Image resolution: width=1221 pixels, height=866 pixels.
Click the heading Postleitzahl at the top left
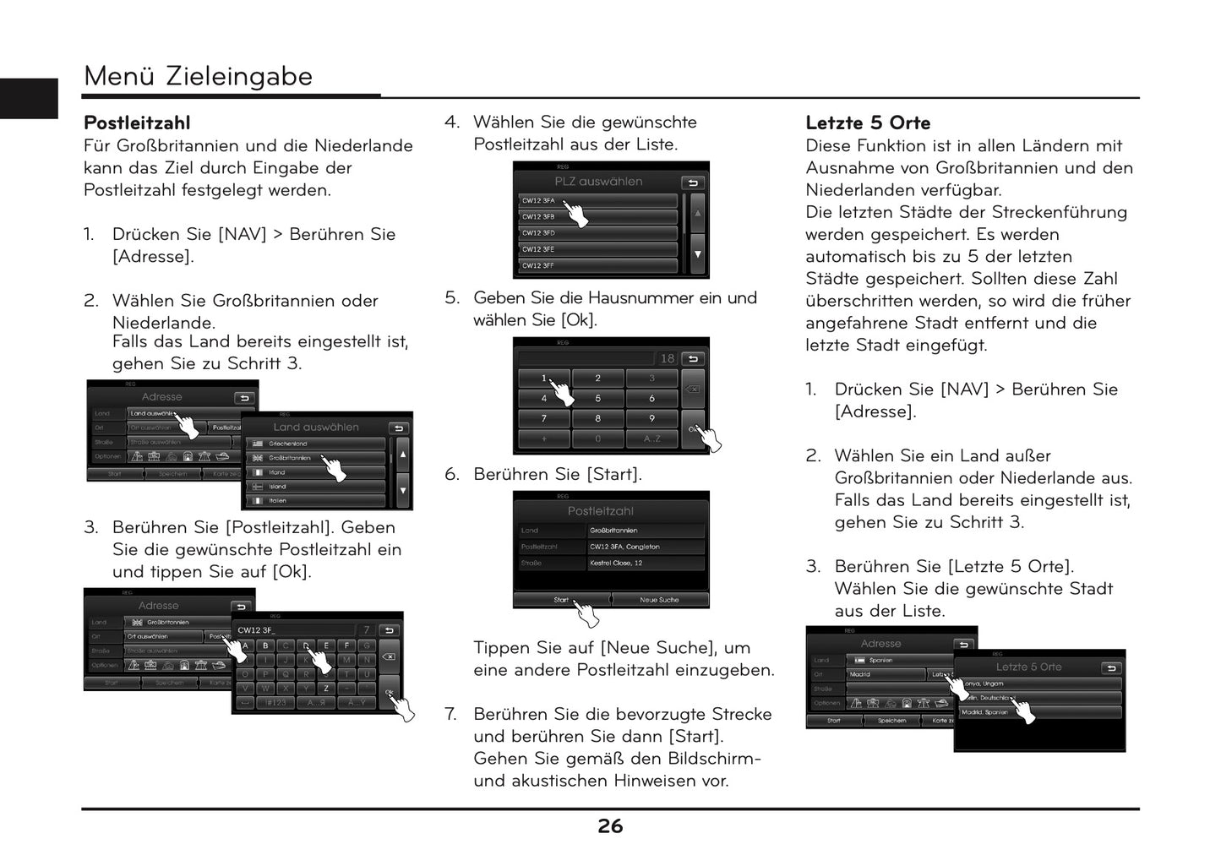(x=137, y=123)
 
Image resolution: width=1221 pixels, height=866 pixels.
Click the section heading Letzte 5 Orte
(x=868, y=123)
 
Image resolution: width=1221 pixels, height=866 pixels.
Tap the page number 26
(x=610, y=826)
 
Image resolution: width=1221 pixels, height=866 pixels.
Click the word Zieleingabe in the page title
(x=239, y=76)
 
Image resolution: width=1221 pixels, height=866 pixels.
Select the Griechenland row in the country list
(x=314, y=444)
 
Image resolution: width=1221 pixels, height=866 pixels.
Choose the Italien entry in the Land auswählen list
(x=314, y=501)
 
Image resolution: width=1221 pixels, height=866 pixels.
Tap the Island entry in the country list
(x=314, y=487)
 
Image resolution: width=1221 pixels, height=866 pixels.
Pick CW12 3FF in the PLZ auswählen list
(x=597, y=266)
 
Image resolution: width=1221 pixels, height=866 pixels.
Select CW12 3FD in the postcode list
(x=597, y=233)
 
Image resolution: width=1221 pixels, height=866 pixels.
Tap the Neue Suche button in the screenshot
(x=659, y=600)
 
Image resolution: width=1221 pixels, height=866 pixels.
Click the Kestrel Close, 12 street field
(x=646, y=564)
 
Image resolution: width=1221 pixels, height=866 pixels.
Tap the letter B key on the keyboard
(x=265, y=645)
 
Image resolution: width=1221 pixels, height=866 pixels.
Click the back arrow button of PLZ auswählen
(x=692, y=182)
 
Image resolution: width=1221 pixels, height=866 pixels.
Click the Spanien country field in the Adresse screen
(x=900, y=661)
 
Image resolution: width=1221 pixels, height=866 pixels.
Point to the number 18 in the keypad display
(x=668, y=359)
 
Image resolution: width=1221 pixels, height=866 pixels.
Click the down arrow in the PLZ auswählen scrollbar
(x=697, y=254)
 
